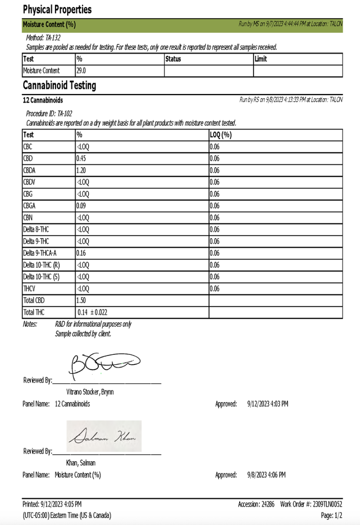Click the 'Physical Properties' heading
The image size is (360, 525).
tap(57, 10)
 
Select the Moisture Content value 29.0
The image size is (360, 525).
tap(81, 71)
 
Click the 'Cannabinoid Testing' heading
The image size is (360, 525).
tap(60, 86)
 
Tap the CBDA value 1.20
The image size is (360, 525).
tap(82, 170)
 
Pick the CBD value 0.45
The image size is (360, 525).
tap(82, 159)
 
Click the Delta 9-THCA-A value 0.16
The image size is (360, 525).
tap(82, 253)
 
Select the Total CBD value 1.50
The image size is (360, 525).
tap(82, 300)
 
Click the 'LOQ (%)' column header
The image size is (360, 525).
tap(220, 135)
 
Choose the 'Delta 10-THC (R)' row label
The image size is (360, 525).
tap(42, 265)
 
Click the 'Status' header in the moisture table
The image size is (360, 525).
tap(173, 59)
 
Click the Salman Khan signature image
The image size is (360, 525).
tap(104, 436)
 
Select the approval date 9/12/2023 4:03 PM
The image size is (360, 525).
tap(267, 404)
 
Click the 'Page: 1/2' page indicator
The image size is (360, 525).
tap(331, 515)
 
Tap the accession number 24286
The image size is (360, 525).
tap(267, 504)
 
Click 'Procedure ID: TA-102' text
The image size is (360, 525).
tap(49, 113)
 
